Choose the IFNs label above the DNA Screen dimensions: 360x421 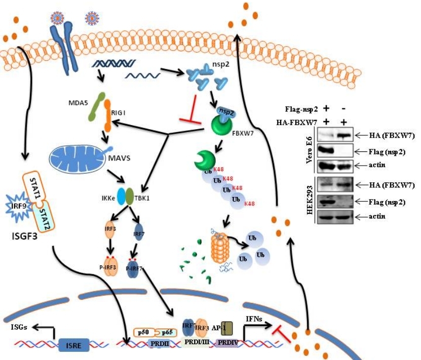click(255, 318)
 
